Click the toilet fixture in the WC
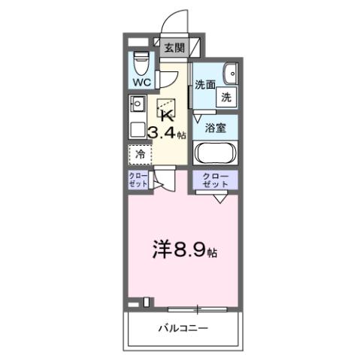(141, 61)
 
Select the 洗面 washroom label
(204, 85)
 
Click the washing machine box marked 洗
(226, 96)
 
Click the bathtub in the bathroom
(216, 152)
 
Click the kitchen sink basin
(138, 104)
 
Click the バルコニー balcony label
(183, 328)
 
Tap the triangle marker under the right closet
(219, 198)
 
